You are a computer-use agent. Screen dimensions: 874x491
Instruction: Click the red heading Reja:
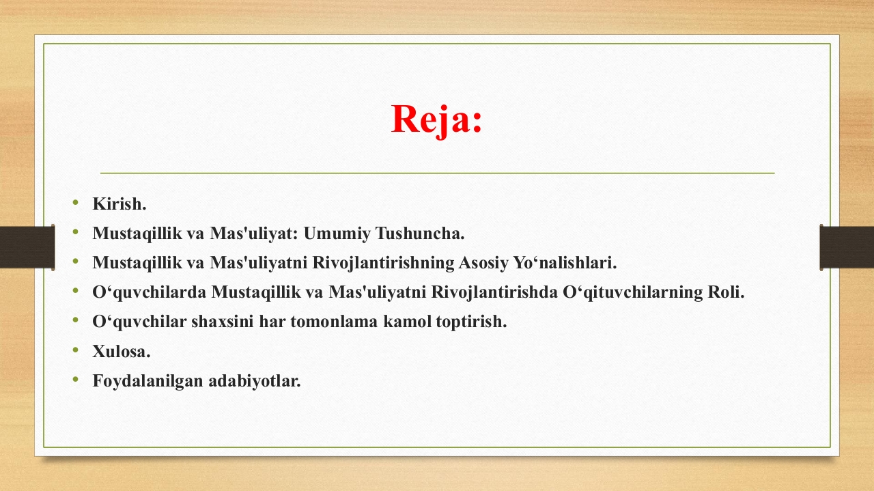[436, 120]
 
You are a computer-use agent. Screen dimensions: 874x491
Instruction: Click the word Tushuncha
[420, 234]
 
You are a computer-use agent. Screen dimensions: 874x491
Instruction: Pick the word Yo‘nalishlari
[565, 263]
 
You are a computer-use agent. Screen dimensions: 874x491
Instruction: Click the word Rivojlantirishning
[383, 263]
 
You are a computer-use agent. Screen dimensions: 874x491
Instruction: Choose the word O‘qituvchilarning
[633, 292]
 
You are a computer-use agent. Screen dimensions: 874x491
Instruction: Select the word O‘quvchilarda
[149, 292]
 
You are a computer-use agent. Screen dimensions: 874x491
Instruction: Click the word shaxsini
[223, 322]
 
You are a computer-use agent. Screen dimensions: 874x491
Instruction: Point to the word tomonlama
[334, 322]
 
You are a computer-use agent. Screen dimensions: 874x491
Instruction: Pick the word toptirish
[471, 322]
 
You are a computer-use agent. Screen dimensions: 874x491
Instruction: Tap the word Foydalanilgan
[148, 381]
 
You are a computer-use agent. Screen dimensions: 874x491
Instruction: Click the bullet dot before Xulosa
[76, 350]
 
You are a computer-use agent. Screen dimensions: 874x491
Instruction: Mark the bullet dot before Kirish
[76, 202]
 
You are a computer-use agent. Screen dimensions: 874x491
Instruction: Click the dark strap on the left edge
[27, 247]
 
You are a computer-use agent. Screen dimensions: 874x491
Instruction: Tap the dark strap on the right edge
[846, 247]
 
